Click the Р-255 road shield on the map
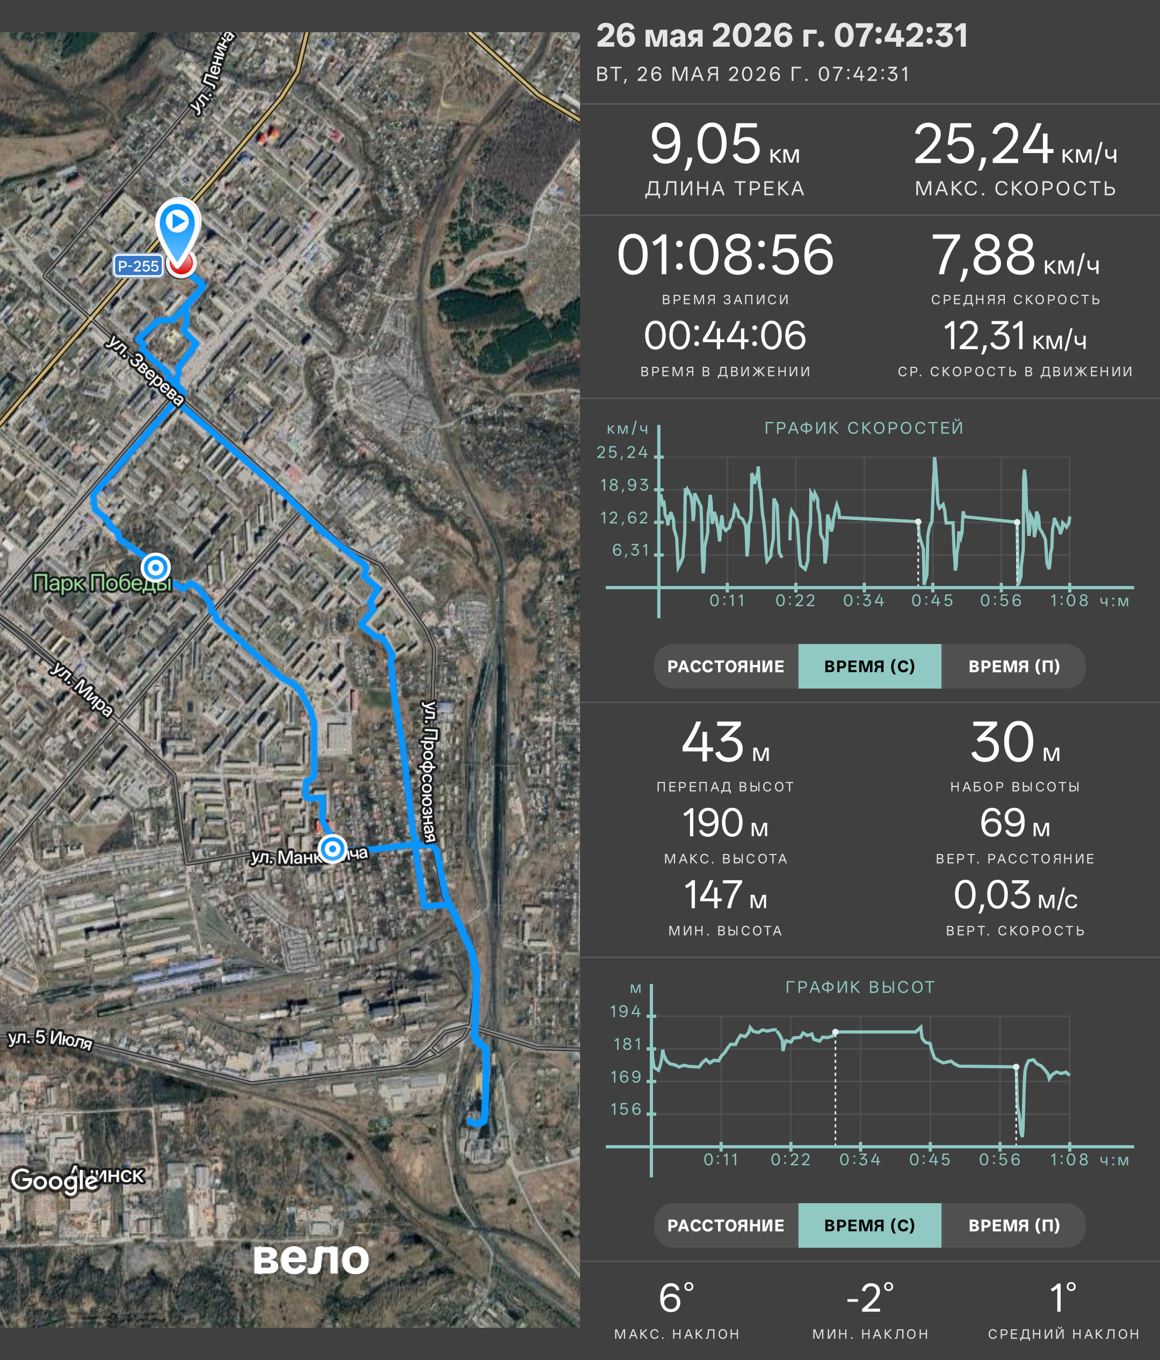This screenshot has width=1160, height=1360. (x=138, y=266)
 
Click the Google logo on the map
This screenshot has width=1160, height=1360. (x=54, y=1181)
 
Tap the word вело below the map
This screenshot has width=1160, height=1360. (x=311, y=1258)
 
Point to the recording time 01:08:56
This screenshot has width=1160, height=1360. (x=725, y=255)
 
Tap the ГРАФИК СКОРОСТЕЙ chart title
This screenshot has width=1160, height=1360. (x=864, y=428)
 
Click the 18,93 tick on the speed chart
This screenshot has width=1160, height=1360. (x=624, y=485)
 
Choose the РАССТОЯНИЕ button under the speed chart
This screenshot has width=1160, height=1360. (x=726, y=666)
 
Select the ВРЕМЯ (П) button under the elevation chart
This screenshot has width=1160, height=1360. (x=1014, y=1225)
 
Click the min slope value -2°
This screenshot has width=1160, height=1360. (x=870, y=1298)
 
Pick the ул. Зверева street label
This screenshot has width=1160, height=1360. (x=145, y=370)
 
